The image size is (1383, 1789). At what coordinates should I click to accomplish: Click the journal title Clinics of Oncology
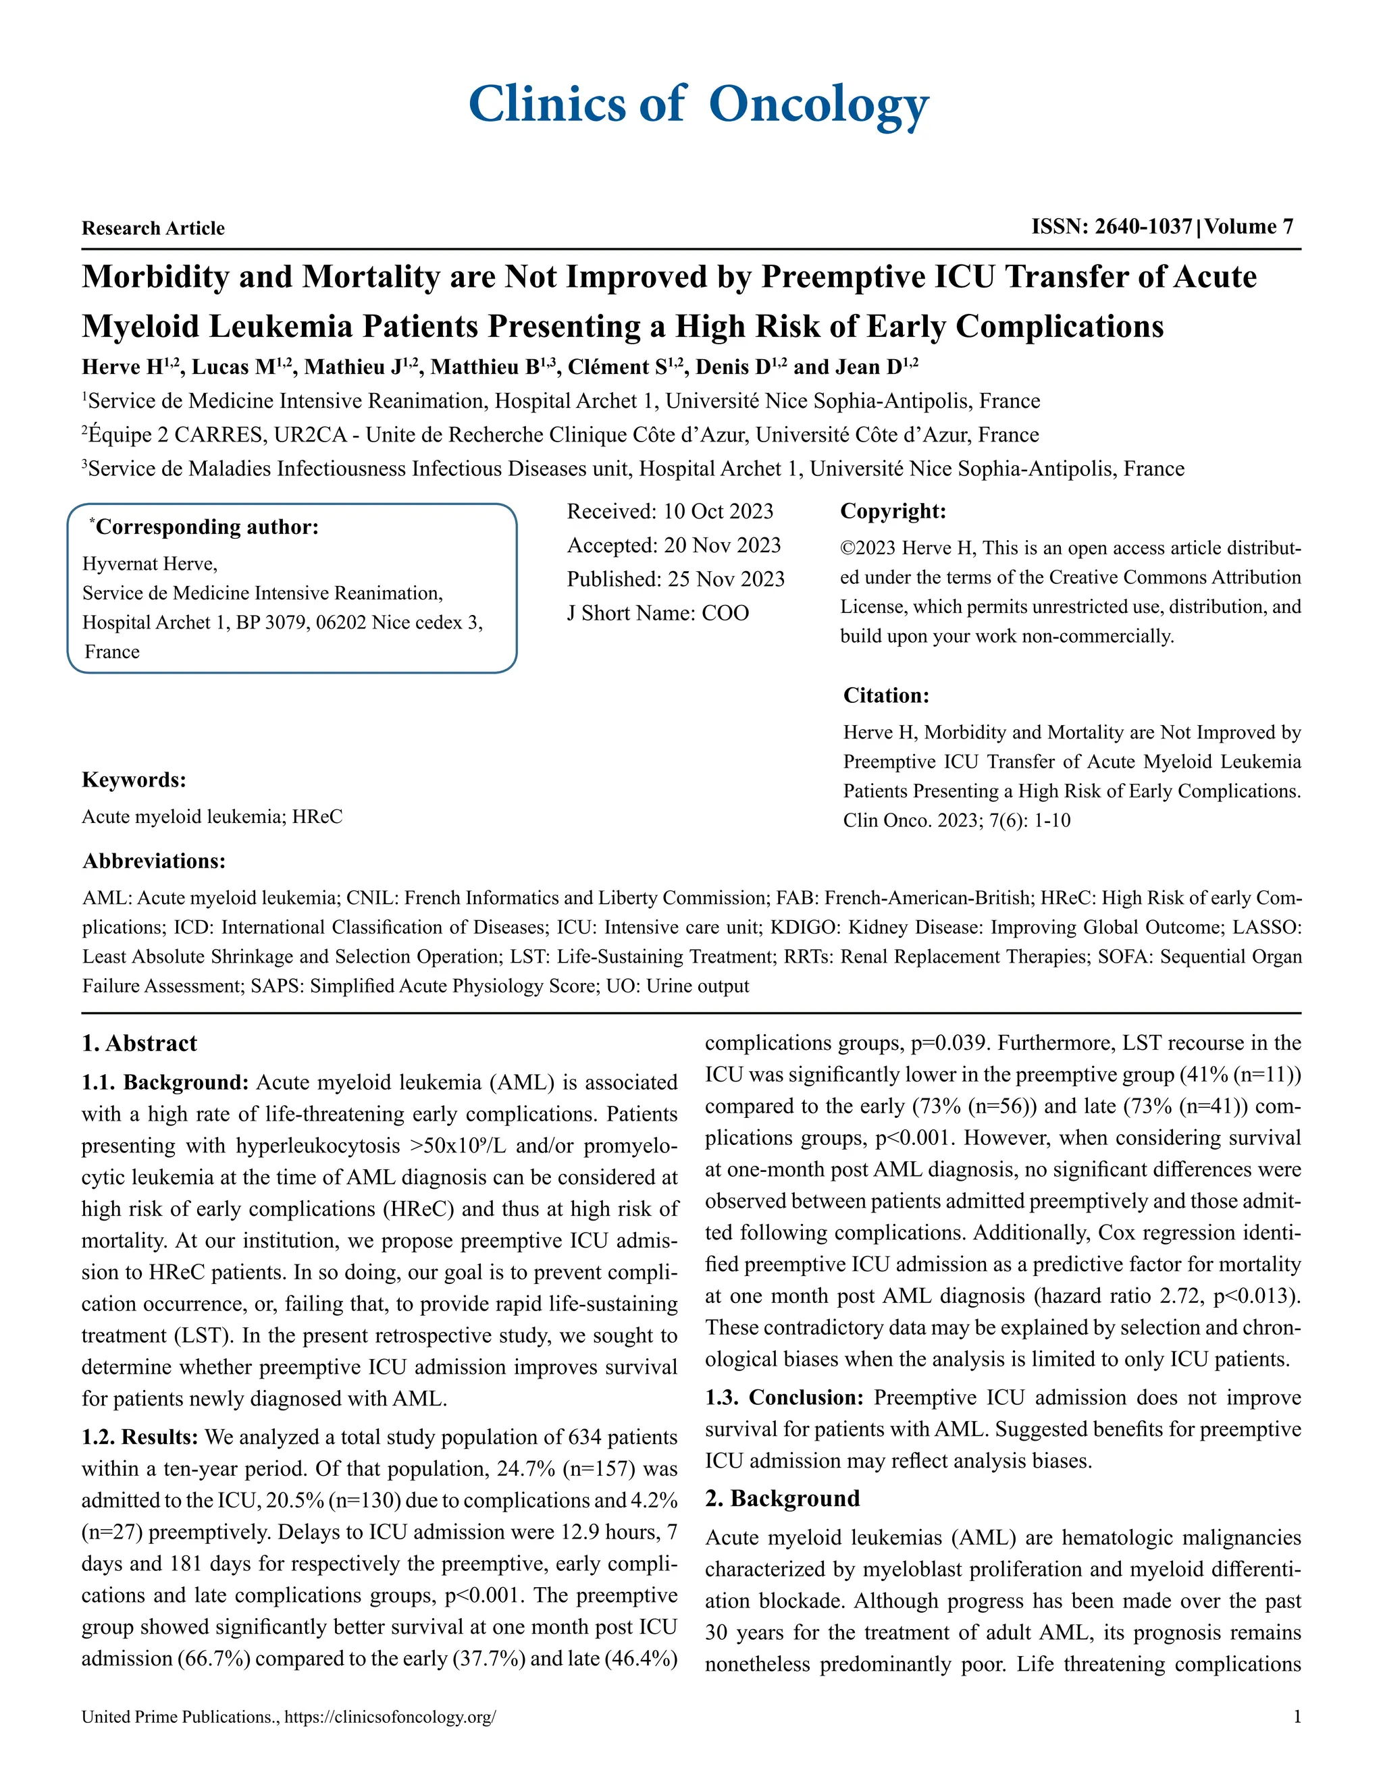[x=698, y=105]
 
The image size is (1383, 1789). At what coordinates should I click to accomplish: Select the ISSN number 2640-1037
[x=1143, y=227]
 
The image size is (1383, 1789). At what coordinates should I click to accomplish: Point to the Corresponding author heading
[x=207, y=527]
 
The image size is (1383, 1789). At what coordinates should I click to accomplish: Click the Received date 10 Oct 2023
[x=718, y=512]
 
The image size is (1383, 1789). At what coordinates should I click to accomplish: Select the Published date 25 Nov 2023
[x=725, y=579]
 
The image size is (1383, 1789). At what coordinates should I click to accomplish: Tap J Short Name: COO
[x=657, y=614]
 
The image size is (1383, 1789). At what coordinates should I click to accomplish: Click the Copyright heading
[x=893, y=512]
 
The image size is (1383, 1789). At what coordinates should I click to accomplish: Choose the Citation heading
[x=887, y=695]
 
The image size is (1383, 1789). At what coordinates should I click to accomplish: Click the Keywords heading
[x=134, y=780]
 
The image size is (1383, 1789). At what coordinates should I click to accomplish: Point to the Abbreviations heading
[x=154, y=861]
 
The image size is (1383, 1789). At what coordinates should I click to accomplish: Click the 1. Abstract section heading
[x=139, y=1044]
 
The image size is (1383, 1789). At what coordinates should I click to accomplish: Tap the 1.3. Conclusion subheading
[x=784, y=1397]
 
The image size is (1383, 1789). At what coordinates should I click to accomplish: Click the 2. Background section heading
[x=783, y=1498]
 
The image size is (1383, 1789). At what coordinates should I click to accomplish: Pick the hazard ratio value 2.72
[x=1187, y=1296]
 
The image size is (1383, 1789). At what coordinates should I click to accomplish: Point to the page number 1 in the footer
[x=1296, y=1717]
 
